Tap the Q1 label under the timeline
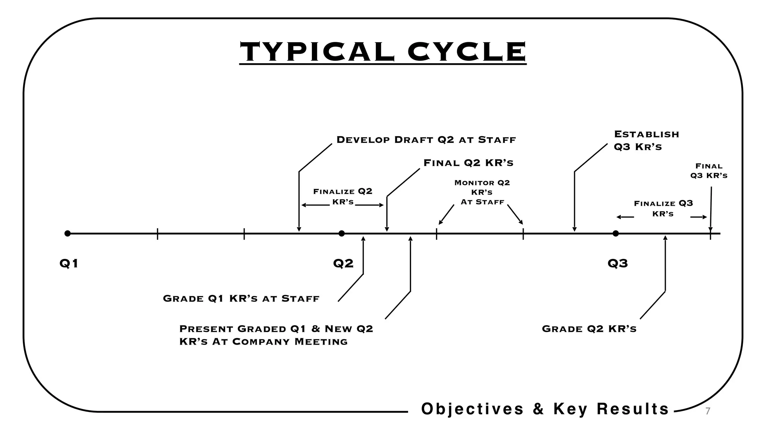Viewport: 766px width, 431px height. pos(69,264)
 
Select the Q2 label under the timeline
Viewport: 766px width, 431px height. pos(343,264)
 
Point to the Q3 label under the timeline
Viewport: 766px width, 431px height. pos(618,264)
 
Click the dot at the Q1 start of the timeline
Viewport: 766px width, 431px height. pos(67,233)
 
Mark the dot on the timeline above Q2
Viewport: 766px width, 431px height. pos(341,233)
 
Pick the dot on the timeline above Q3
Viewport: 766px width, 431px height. pos(616,233)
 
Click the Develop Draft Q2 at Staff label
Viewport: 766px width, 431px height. pos(426,140)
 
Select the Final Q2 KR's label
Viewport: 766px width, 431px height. pos(468,163)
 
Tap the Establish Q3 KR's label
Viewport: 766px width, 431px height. pos(646,140)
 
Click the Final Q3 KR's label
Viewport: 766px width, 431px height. pos(709,171)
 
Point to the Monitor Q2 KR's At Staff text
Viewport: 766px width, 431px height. pos(482,192)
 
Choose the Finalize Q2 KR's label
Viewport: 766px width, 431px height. pos(343,196)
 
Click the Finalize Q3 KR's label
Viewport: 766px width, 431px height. pos(663,208)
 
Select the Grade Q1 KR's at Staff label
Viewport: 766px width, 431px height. pos(241,299)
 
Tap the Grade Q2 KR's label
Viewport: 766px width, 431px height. pos(589,329)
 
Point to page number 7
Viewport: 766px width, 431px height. pos(707,411)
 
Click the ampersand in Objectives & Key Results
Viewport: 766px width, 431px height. pos(538,409)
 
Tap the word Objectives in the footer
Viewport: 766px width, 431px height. pos(472,409)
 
